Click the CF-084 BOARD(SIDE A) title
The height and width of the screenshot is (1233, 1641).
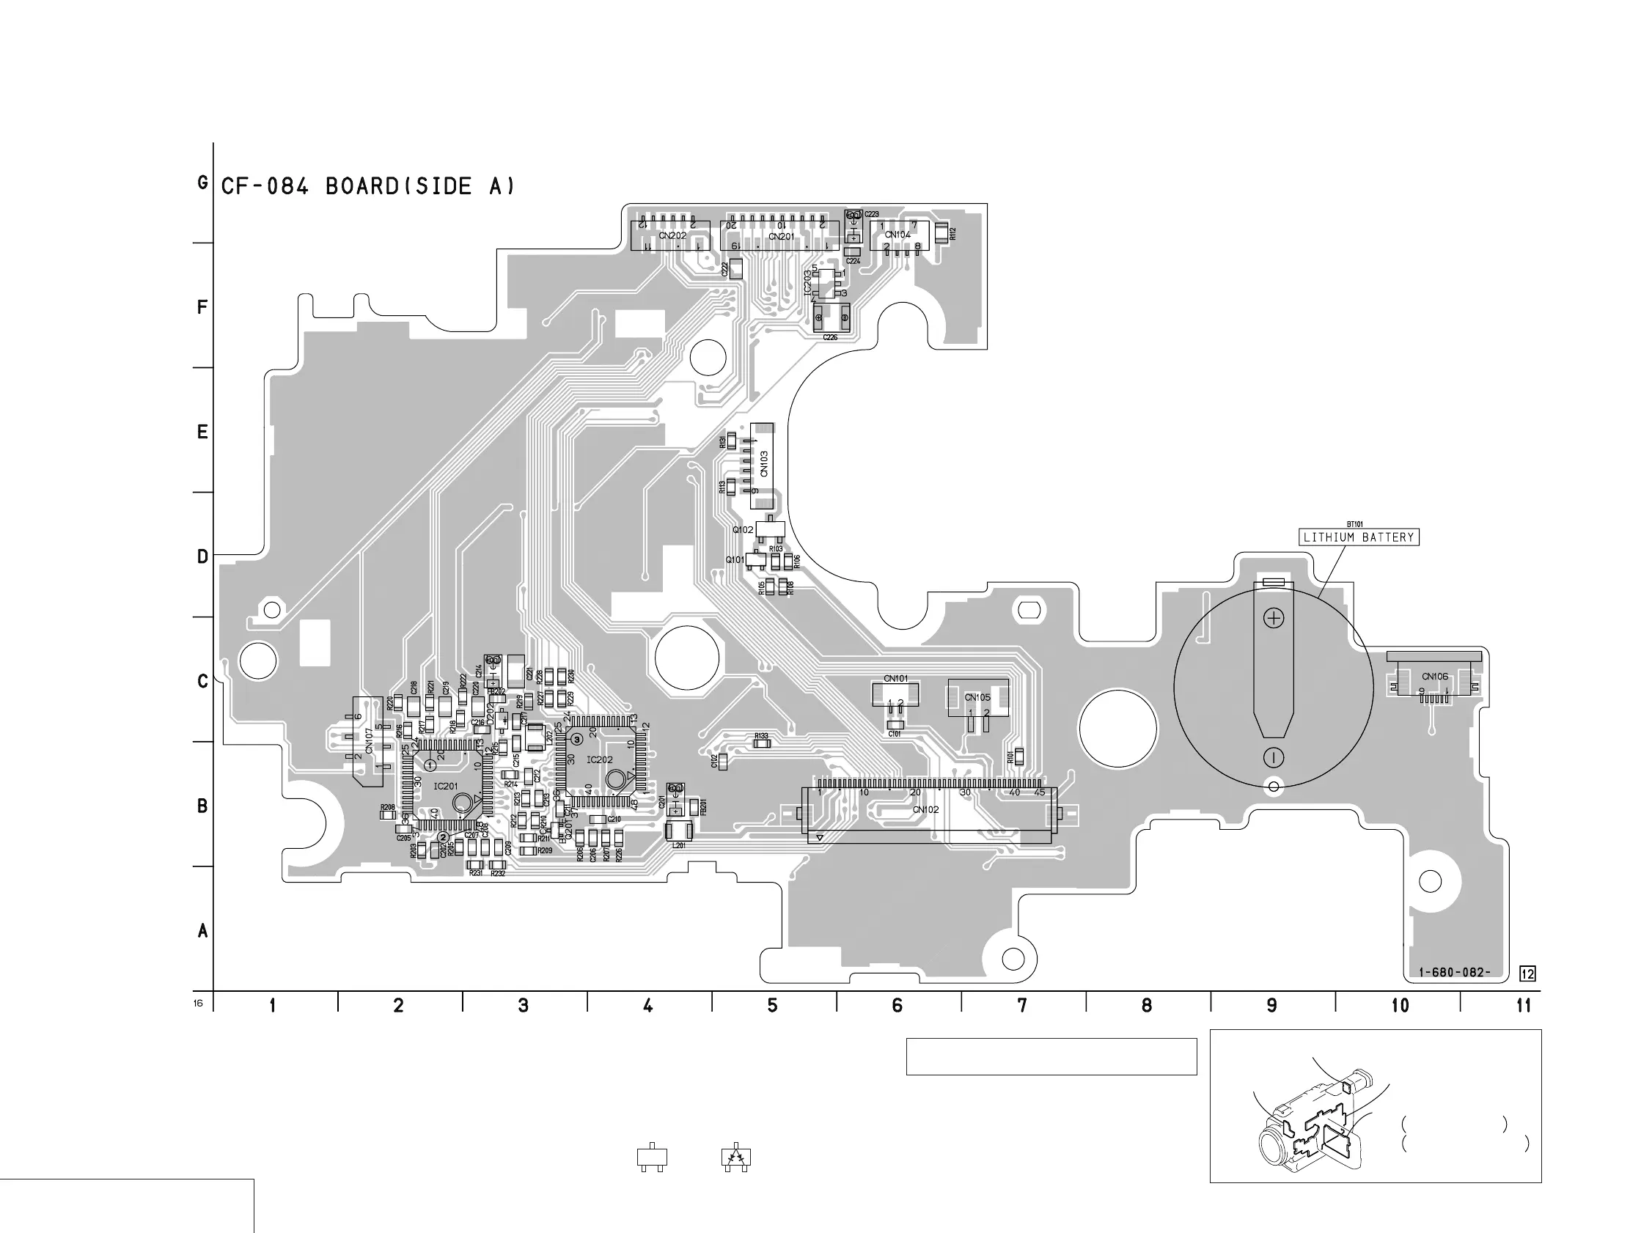[x=368, y=186]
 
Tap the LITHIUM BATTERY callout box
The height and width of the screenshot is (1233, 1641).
[x=1359, y=537]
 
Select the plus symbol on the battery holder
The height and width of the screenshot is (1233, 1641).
[x=1274, y=618]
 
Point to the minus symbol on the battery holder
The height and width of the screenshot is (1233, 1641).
[x=1273, y=757]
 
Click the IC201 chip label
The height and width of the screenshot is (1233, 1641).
[x=446, y=787]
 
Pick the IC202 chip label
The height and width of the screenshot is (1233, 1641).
[x=599, y=759]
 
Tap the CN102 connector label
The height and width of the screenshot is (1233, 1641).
[x=925, y=809]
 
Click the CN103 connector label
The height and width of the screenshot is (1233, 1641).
[x=764, y=465]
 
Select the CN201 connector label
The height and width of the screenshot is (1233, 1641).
[x=781, y=237]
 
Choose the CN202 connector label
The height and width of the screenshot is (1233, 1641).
[x=672, y=236]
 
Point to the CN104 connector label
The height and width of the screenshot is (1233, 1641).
[x=897, y=235]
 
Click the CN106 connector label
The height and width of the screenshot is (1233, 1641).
[x=1435, y=677]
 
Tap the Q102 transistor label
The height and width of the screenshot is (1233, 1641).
[x=743, y=530]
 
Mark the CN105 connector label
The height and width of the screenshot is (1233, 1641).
[x=977, y=697]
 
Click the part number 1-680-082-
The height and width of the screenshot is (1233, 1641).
[x=1454, y=973]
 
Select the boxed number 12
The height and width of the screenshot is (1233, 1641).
[x=1527, y=973]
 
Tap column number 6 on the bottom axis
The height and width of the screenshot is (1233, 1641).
[x=897, y=1005]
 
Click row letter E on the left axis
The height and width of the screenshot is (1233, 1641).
[x=202, y=432]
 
